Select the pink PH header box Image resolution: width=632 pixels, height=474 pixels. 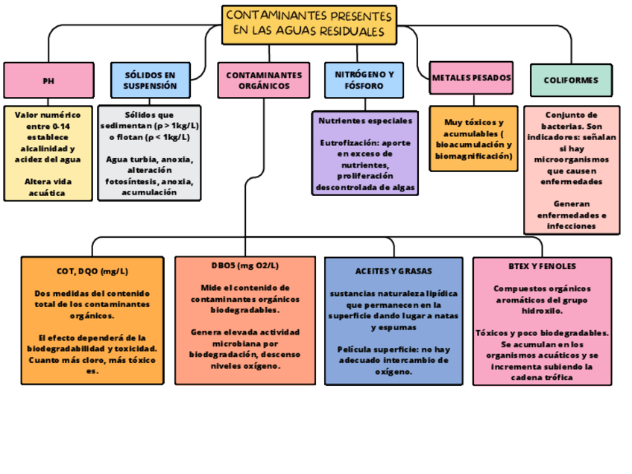tap(48, 80)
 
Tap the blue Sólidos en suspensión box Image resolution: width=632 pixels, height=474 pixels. tap(150, 80)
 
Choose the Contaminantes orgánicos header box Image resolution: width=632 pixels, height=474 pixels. tap(264, 80)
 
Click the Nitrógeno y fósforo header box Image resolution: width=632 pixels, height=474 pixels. tap(364, 80)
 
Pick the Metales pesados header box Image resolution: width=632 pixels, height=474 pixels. tap(472, 78)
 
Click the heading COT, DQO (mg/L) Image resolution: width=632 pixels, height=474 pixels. tap(92, 271)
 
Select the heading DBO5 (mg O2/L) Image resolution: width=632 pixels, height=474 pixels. tap(244, 265)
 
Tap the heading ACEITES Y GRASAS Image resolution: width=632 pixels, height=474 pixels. tap(394, 271)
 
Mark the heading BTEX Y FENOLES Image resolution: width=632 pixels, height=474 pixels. tap(542, 266)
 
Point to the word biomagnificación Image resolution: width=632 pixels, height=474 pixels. tap(473, 156)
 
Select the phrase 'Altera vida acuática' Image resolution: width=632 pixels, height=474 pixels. tap(48, 187)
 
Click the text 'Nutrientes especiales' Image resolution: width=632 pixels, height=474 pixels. tap(364, 120)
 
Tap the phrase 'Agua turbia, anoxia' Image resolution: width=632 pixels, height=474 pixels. tap(150, 159)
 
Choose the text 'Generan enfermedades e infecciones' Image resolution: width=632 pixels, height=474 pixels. tap(572, 214)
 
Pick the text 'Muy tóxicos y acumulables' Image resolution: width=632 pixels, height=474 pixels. tap(473, 127)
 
